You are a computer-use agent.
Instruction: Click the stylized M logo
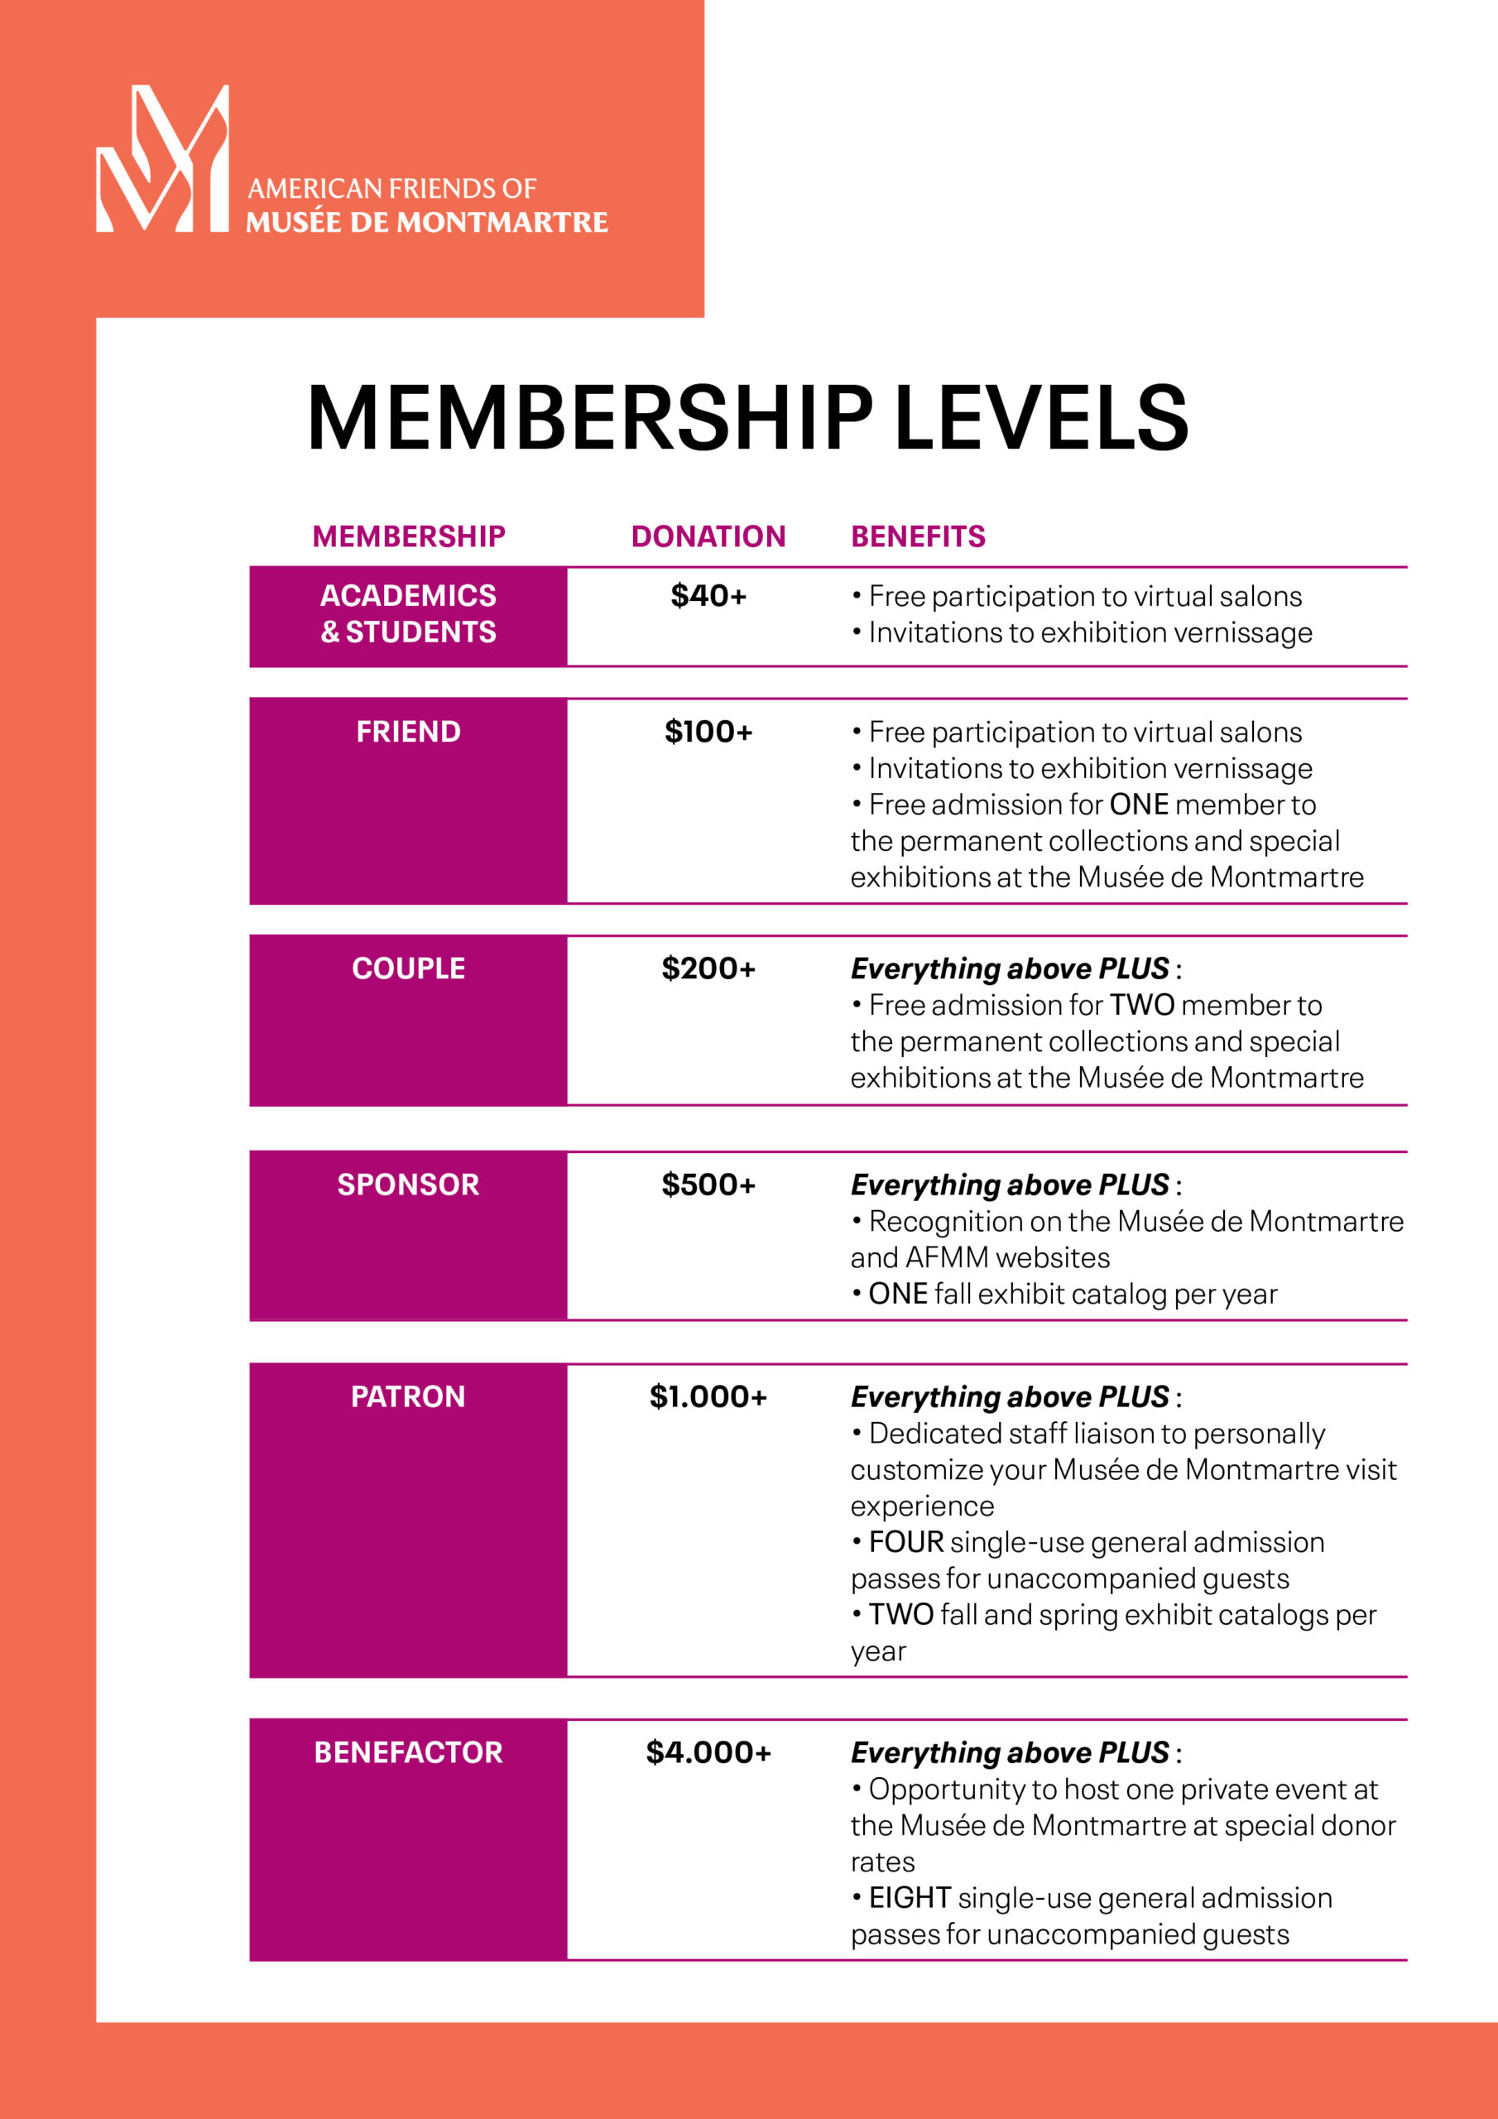coord(162,159)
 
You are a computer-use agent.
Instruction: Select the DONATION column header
coord(708,536)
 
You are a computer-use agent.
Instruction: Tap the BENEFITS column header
coord(918,536)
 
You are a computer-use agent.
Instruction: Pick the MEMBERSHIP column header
coord(409,536)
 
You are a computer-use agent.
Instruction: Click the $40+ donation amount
coord(708,596)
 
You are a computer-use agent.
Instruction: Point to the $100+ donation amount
coord(708,732)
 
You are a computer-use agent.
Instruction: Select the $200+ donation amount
coord(708,968)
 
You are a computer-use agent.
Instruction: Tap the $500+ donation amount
coord(708,1184)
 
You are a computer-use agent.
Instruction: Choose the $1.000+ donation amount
coord(708,1396)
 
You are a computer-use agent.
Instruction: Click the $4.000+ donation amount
coord(708,1751)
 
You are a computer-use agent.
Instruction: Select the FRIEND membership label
coord(408,732)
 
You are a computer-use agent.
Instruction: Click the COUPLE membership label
coord(408,968)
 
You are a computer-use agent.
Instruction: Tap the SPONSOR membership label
coord(408,1184)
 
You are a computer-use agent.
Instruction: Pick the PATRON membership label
coord(408,1396)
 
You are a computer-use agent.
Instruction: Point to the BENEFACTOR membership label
coord(408,1751)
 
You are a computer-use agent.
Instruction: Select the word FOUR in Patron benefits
coord(905,1542)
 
